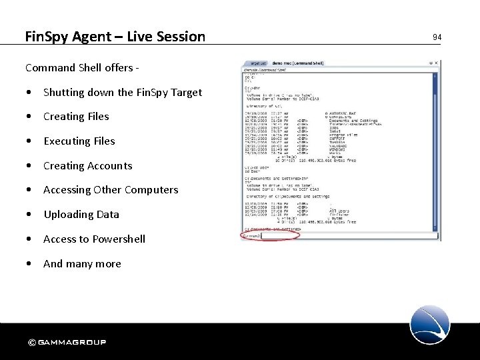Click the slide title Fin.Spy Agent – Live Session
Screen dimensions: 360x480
click(x=115, y=37)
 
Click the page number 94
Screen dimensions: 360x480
click(x=437, y=37)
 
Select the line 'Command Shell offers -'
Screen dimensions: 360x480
click(x=81, y=67)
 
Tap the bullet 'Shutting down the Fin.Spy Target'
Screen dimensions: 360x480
click(x=122, y=92)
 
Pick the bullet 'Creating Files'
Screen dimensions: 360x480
click(x=76, y=117)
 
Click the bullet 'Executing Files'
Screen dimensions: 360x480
click(x=79, y=141)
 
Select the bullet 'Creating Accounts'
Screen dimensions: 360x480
click(x=87, y=166)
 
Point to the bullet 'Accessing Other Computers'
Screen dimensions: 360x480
click(x=111, y=190)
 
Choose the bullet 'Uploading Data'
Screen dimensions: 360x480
click(x=81, y=215)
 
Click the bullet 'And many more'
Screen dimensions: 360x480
click(x=82, y=264)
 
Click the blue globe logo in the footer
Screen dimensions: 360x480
click(x=429, y=325)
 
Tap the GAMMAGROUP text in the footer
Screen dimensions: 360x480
click(x=71, y=343)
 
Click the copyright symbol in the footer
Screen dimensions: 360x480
click(x=31, y=343)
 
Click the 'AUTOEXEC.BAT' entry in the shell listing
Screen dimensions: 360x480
click(x=343, y=113)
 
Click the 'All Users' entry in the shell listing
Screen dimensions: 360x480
click(x=340, y=211)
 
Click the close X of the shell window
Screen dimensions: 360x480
click(x=435, y=63)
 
